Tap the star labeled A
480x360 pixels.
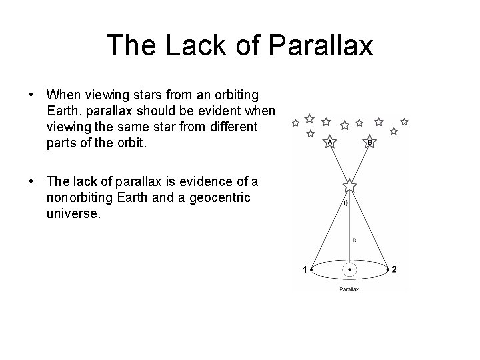click(x=329, y=141)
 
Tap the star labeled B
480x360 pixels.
click(x=370, y=141)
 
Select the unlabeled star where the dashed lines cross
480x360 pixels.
click(x=349, y=184)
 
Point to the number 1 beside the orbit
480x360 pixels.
click(x=305, y=269)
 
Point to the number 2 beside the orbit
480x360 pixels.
click(x=395, y=269)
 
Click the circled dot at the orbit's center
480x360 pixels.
click(x=349, y=269)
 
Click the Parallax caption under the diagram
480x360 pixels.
click(x=349, y=289)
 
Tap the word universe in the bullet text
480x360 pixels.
click(x=73, y=215)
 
